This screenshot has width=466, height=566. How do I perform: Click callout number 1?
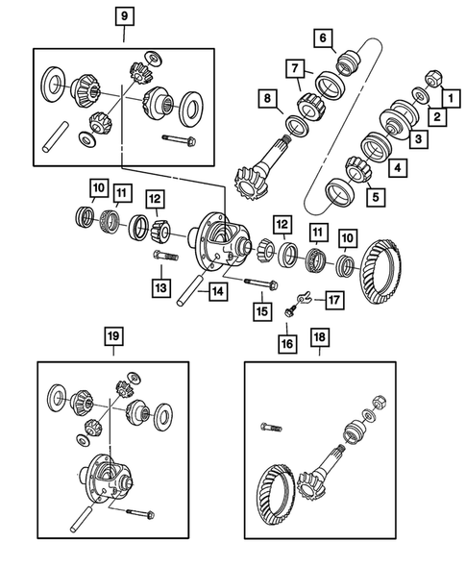[x=447, y=96]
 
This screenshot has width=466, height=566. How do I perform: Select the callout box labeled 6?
[x=323, y=38]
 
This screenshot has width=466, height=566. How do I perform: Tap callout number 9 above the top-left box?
[x=124, y=16]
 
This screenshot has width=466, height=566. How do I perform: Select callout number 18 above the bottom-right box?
[x=318, y=338]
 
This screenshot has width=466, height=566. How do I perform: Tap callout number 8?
[x=264, y=98]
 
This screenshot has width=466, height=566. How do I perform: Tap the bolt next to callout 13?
[x=165, y=258]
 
